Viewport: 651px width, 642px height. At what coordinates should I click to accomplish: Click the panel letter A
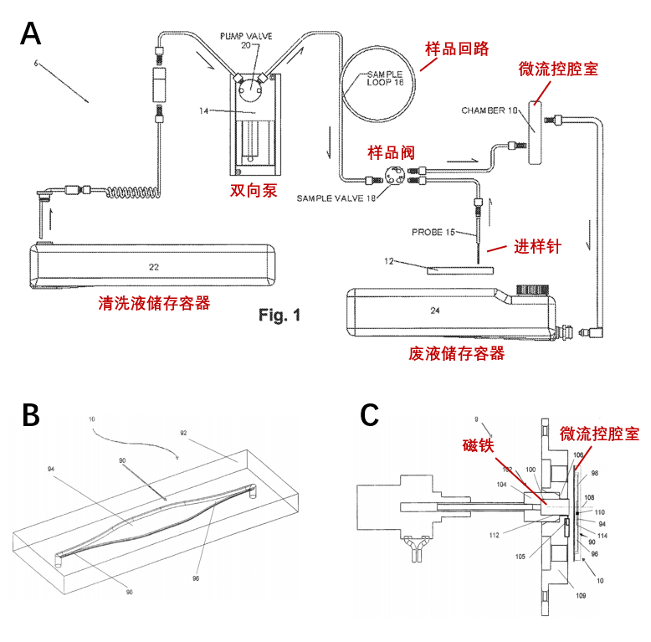coord(31,34)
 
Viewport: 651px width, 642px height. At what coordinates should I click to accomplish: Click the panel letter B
coord(30,416)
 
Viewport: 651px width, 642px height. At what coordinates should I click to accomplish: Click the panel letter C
coord(369,415)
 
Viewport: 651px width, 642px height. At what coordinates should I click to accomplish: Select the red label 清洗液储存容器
coord(154,304)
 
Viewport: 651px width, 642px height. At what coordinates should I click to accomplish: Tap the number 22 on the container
coord(153,267)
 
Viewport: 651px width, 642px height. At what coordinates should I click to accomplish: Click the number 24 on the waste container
coord(435,311)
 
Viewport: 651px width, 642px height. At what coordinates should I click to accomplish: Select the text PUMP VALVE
coord(249,36)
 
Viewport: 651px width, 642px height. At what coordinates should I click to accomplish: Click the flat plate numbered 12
coord(459,270)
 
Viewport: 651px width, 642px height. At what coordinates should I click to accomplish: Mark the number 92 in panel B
coord(183,433)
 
